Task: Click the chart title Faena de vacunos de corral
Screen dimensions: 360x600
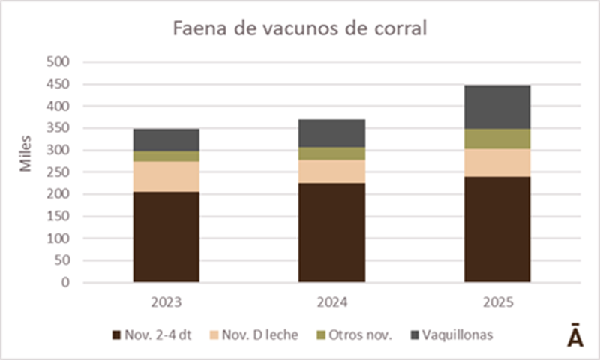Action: pyautogui.click(x=299, y=29)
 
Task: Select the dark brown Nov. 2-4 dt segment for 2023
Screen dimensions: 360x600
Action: pyautogui.click(x=166, y=236)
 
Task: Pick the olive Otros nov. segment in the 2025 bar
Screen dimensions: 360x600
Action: pyautogui.click(x=496, y=138)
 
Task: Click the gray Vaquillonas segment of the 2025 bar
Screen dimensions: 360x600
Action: pyautogui.click(x=496, y=106)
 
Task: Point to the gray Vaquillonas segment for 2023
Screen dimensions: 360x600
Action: pyautogui.click(x=166, y=139)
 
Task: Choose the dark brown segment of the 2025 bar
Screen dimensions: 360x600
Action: pyautogui.click(x=496, y=229)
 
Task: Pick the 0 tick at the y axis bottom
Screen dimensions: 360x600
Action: pyautogui.click(x=66, y=283)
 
